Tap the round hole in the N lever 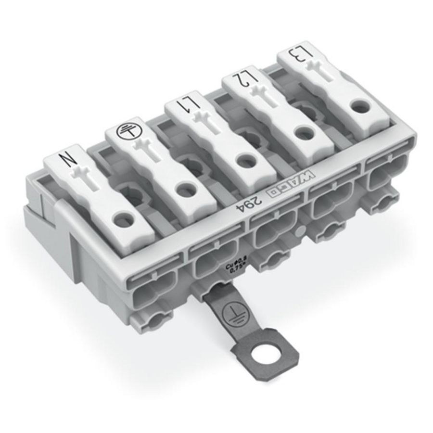(126, 219)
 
